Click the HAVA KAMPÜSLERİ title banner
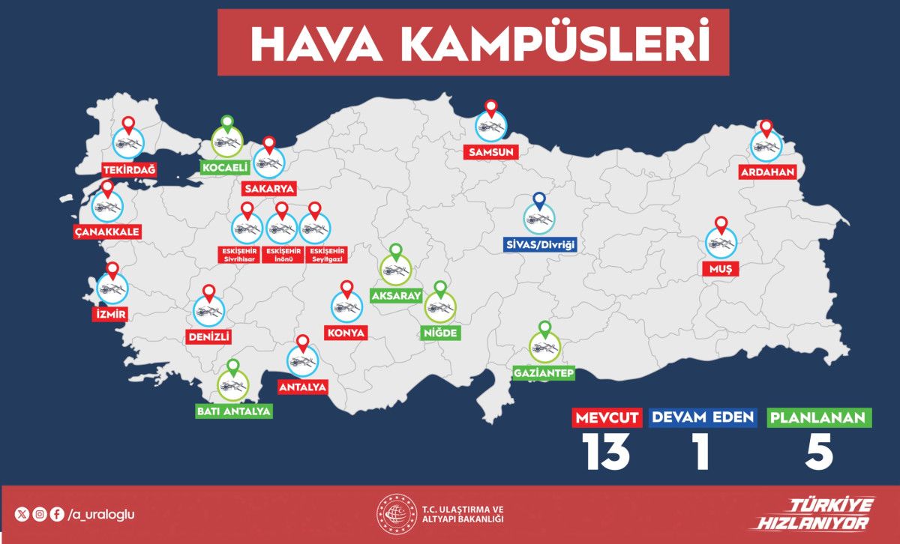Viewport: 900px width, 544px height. point(473,43)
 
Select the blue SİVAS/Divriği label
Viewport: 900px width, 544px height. point(540,244)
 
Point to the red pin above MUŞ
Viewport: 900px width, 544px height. point(721,223)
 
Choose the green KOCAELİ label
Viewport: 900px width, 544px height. point(226,167)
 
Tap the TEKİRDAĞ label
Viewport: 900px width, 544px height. point(129,169)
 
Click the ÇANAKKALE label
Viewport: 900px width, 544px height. point(107,232)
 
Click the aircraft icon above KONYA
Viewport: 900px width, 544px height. point(346,306)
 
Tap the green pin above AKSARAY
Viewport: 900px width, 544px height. point(395,252)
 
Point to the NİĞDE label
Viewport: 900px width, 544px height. point(440,333)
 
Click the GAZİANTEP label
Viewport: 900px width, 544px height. point(544,372)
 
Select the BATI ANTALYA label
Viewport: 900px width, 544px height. point(233,411)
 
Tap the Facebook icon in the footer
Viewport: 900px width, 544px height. point(57,514)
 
